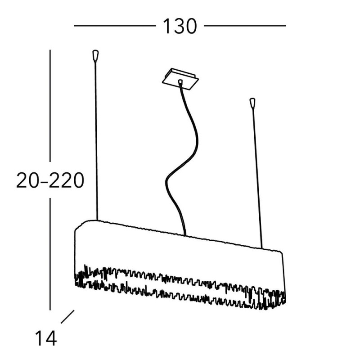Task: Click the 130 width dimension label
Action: click(180, 26)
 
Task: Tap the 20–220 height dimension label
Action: click(50, 180)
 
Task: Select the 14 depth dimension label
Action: click(46, 338)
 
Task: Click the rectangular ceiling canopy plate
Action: click(180, 79)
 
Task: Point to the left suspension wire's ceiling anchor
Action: click(95, 55)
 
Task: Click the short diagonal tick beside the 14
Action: click(67, 317)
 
